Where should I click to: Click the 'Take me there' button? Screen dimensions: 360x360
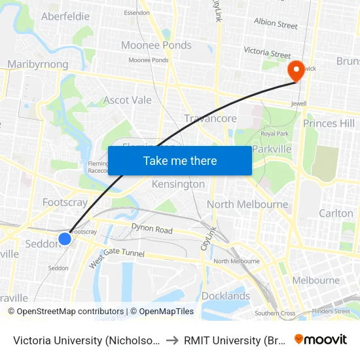coord(180,160)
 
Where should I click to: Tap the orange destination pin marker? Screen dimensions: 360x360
coord(296,71)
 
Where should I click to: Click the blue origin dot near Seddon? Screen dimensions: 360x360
coord(65,239)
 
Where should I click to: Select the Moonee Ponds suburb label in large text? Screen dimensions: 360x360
coord(156,45)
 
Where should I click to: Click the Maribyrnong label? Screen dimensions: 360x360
coord(37,64)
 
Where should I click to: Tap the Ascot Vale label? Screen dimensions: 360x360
coord(128,100)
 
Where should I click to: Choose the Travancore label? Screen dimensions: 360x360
coord(211,118)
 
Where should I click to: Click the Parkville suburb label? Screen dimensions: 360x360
coord(272,149)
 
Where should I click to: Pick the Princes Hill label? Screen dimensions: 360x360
coord(329,123)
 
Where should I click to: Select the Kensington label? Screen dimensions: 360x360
coord(178,185)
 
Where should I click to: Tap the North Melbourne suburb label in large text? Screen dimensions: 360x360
coord(247,204)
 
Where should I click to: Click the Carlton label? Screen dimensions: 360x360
coord(336,213)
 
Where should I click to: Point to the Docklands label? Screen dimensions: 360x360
coord(226,296)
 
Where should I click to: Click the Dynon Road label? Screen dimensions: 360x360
coord(151,230)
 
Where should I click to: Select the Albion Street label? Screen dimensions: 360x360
coord(276,24)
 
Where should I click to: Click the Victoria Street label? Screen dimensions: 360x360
coord(267,52)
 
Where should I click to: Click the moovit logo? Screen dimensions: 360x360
coord(321,339)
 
